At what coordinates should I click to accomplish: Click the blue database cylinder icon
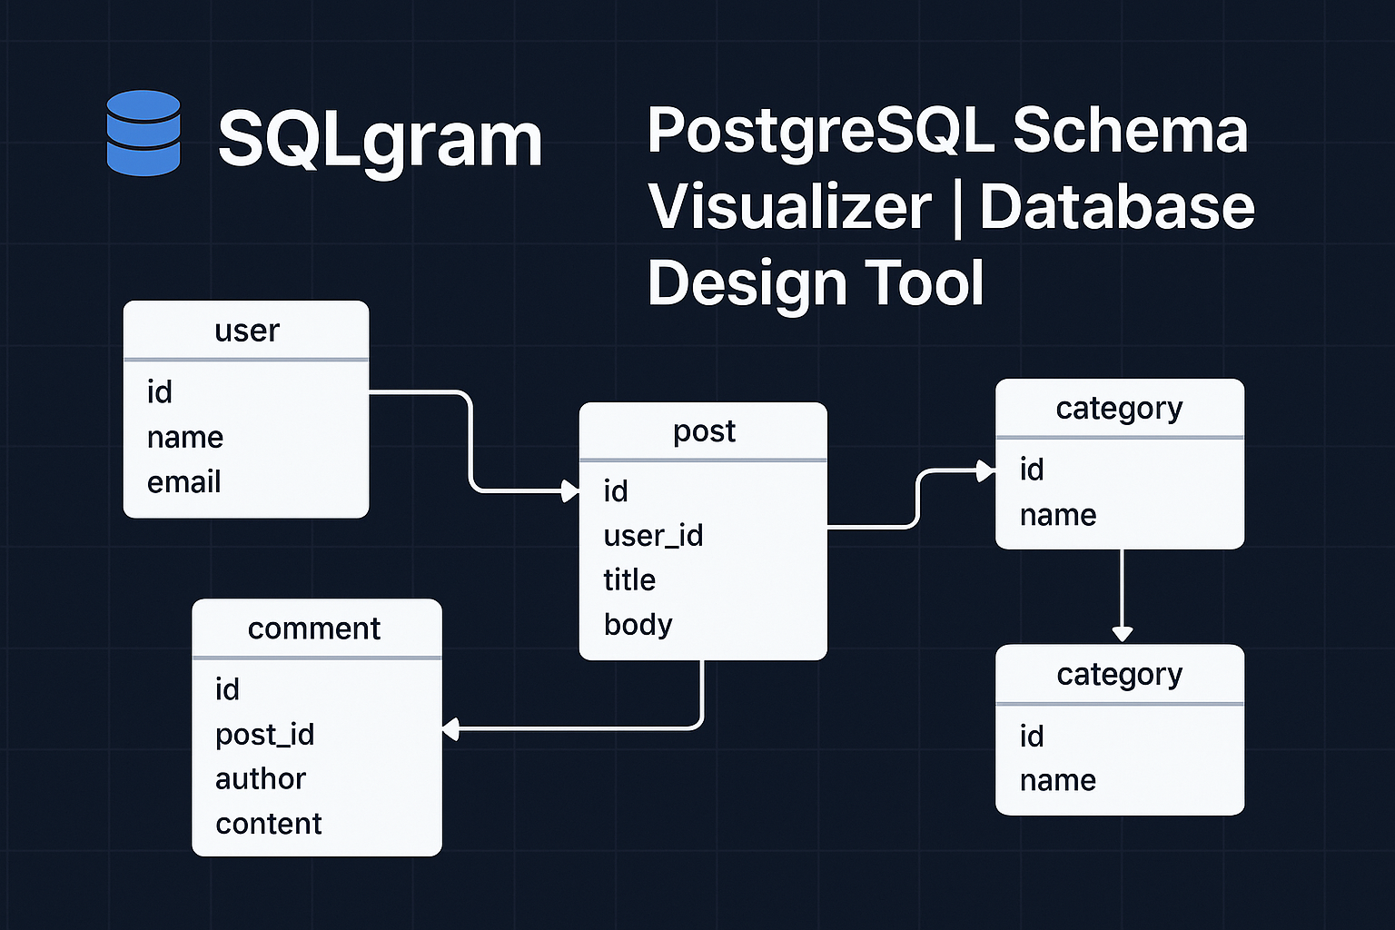tap(143, 133)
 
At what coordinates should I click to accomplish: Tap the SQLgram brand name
tap(380, 139)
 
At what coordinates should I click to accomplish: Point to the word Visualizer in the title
tap(789, 207)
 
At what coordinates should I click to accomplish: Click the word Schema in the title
tap(1130, 130)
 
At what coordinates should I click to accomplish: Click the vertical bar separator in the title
tap(955, 209)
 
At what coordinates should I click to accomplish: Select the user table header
tap(246, 331)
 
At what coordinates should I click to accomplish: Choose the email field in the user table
tap(183, 482)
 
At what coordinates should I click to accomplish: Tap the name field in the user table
tap(184, 438)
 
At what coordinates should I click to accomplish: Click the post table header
tap(703, 431)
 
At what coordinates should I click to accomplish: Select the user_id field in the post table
tap(653, 536)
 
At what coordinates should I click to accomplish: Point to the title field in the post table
tap(629, 580)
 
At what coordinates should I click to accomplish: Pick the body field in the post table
tap(638, 625)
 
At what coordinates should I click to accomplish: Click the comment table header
tap(314, 628)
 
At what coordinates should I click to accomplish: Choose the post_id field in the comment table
tap(264, 735)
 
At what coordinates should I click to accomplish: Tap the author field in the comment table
tap(261, 779)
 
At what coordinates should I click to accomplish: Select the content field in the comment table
tap(269, 824)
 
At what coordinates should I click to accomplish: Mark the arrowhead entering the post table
tap(570, 491)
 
